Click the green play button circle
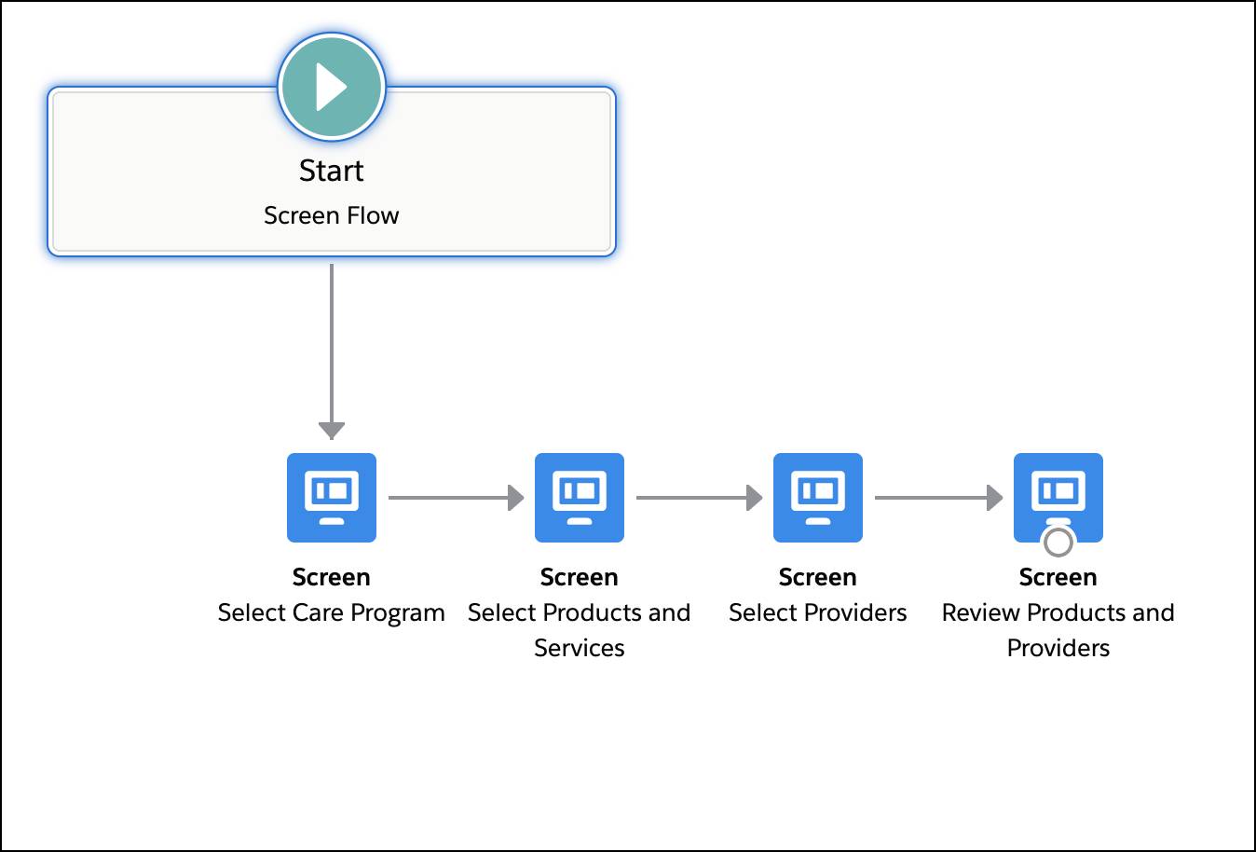331,87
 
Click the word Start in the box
331,171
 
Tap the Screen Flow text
331,215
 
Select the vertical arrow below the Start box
331,345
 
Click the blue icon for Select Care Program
331,497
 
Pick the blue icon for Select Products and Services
579,497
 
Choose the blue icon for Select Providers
817,497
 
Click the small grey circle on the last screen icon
1058,541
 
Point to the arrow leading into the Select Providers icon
699,498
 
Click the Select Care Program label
331,612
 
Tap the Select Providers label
817,612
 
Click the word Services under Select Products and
579,648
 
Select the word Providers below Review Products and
1058,648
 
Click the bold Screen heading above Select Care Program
331,577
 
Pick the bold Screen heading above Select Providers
817,577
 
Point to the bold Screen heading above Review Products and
1058,577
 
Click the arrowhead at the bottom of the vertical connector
331,430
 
